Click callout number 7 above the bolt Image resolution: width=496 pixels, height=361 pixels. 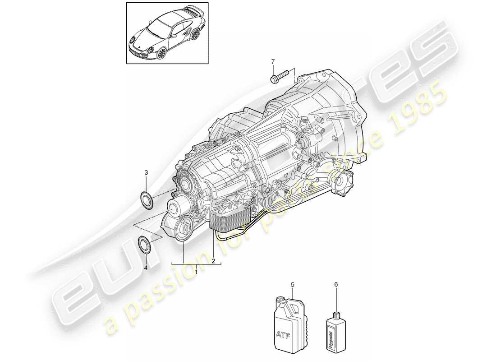(x=272, y=61)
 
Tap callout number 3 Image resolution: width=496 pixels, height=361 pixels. (x=146, y=172)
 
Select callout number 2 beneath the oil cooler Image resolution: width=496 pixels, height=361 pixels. (x=213, y=260)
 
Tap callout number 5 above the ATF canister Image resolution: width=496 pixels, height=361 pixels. (x=292, y=285)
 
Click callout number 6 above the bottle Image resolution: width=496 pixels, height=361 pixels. (x=335, y=285)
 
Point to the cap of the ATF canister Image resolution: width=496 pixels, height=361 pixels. (x=280, y=299)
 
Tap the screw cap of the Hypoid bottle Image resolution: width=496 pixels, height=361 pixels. (x=335, y=315)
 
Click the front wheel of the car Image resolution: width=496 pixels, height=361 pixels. (x=161, y=54)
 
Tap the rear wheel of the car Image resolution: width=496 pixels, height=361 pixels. (x=196, y=33)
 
